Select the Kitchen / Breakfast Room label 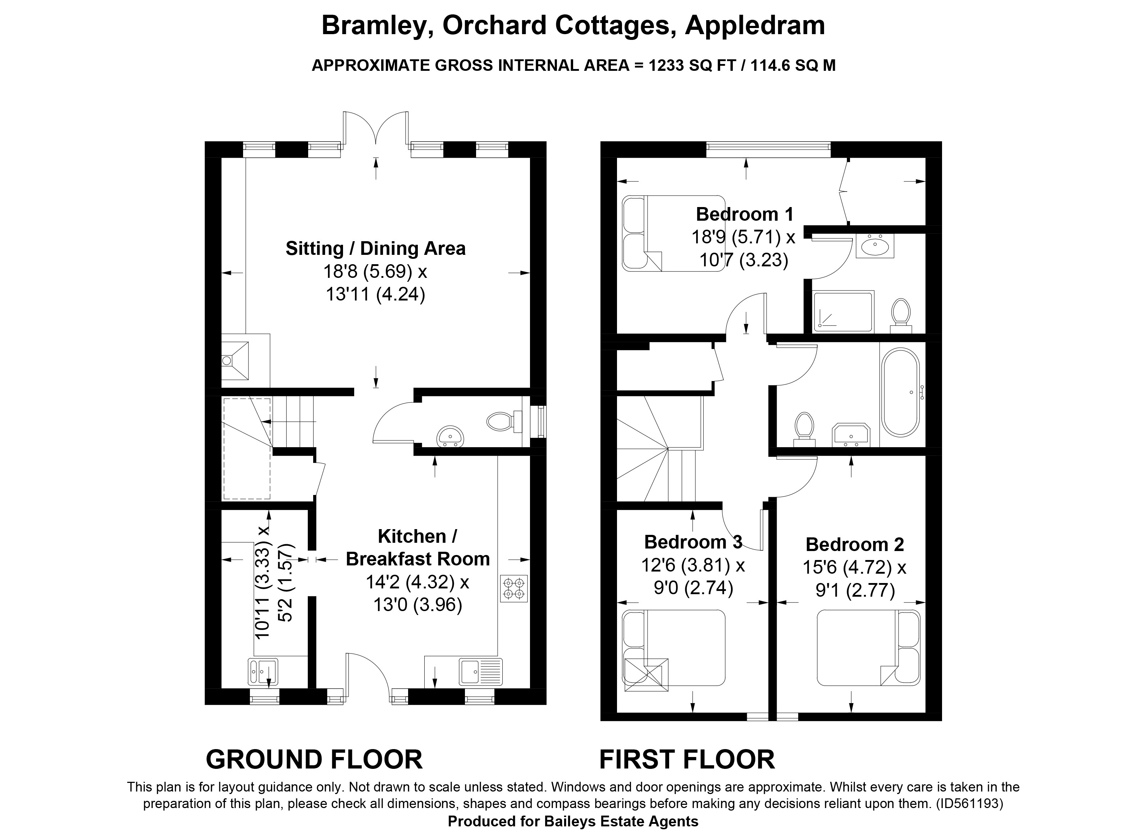[x=418, y=547]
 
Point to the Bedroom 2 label [x=855, y=544]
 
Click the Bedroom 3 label [x=693, y=542]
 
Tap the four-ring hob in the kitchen [x=514, y=588]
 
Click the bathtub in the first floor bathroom [x=901, y=392]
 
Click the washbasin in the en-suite [x=875, y=246]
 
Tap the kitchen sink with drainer [x=480, y=671]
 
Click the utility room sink [x=263, y=671]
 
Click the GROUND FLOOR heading [x=314, y=759]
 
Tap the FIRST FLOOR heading [x=687, y=759]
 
